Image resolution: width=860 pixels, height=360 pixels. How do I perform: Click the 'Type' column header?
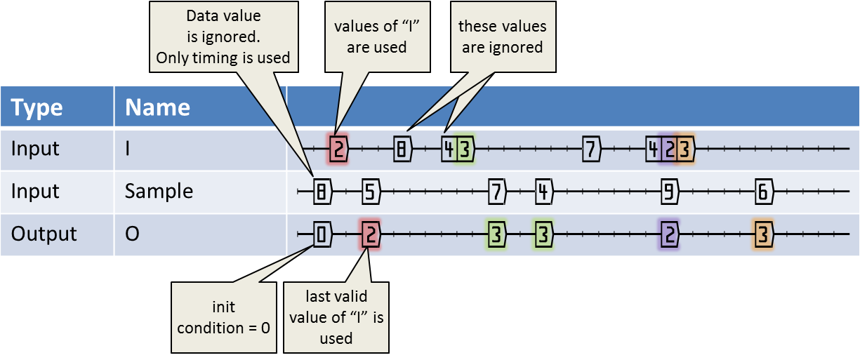[37, 107]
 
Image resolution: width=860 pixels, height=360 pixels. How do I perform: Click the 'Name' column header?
[157, 107]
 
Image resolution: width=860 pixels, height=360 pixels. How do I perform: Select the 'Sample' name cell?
[159, 191]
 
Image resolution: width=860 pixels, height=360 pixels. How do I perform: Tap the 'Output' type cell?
[44, 234]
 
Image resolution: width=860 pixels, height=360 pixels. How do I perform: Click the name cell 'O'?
[132, 234]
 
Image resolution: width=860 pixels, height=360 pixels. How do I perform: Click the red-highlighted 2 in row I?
[338, 149]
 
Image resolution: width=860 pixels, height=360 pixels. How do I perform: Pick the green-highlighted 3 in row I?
[465, 149]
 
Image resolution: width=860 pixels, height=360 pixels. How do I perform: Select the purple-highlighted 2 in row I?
[669, 149]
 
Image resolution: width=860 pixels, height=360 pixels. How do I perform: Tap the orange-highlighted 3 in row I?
[685, 149]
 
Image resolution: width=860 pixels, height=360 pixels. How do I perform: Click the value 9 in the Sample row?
[669, 191]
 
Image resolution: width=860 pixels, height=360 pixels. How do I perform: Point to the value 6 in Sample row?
[763, 191]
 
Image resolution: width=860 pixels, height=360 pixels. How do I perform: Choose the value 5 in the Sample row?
[371, 191]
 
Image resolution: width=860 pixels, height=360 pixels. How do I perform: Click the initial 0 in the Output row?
[322, 234]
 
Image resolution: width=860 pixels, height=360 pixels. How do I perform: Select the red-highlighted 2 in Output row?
[370, 234]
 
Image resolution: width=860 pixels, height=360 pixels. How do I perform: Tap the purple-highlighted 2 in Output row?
[669, 234]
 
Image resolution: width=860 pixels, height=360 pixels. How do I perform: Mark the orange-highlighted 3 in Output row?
[763, 234]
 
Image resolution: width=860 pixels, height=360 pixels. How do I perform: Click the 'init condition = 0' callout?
[224, 317]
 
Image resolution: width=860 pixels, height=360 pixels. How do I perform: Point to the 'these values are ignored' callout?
[503, 37]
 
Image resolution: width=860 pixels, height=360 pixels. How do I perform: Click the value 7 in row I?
[591, 149]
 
